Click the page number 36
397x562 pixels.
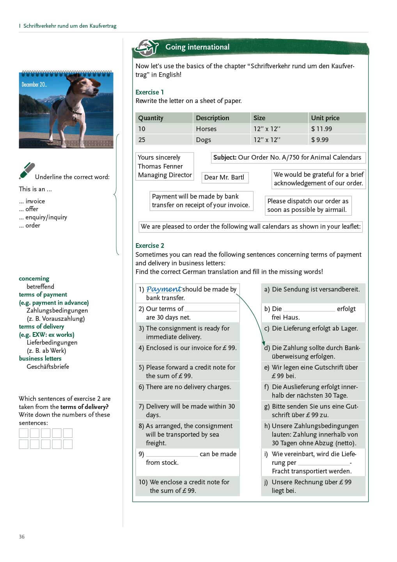(22, 537)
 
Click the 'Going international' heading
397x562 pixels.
(197, 47)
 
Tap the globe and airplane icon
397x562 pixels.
(146, 48)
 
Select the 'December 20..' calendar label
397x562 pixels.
(34, 85)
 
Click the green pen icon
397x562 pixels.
(27, 171)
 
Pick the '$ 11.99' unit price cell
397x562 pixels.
(321, 129)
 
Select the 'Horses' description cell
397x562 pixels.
(206, 129)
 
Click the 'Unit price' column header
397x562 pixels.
(325, 118)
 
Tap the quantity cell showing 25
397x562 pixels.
(142, 140)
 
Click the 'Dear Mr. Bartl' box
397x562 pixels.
(224, 177)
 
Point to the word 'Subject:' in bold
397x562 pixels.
(225, 157)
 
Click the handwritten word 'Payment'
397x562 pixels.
(163, 289)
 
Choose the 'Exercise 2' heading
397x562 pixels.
(150, 245)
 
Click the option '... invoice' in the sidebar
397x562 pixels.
(32, 201)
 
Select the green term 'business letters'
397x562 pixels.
(40, 358)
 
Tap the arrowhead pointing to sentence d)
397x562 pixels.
(264, 344)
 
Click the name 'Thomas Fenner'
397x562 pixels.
(160, 166)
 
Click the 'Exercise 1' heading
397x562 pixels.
(149, 92)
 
